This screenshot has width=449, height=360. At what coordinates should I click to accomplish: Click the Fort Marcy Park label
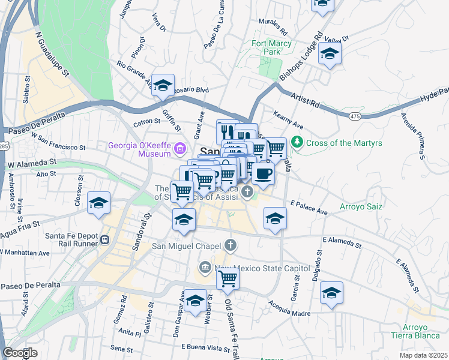coord(271,47)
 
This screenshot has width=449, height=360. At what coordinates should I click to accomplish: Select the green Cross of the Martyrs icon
coord(297,143)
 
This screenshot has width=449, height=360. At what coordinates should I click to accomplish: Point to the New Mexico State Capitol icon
coord(205,267)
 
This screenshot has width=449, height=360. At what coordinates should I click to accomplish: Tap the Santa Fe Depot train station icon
coord(104,240)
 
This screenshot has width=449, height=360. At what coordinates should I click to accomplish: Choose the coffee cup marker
coord(262,175)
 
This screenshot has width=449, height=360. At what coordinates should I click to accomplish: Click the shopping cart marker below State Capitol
coord(228,278)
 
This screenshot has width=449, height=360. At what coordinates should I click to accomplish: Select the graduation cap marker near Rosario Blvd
coord(162,85)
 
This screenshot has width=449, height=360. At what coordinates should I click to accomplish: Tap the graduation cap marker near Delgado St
coord(331,293)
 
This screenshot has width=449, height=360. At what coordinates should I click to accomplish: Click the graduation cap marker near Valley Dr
coord(330,54)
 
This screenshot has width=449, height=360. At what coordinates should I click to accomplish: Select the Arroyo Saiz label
coord(363,206)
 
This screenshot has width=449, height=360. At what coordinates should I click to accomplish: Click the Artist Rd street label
coord(306,100)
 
